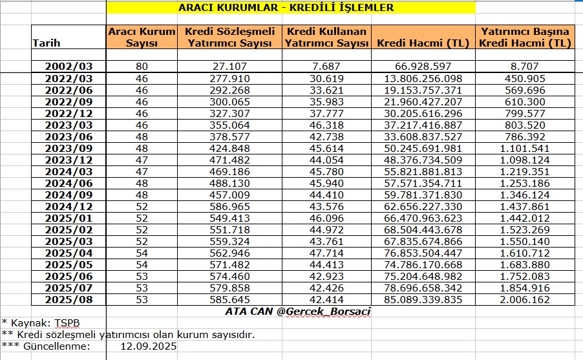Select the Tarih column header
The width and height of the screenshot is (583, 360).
(x=46, y=43)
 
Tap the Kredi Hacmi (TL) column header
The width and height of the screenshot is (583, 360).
(x=423, y=43)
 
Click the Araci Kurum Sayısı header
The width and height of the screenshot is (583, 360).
(x=142, y=37)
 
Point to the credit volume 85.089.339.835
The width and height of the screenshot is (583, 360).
(x=423, y=299)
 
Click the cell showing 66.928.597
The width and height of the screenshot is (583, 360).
(x=423, y=67)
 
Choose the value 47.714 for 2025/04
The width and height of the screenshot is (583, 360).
(x=326, y=253)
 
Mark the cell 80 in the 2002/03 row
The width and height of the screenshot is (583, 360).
(x=142, y=67)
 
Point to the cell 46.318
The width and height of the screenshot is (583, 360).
(x=326, y=125)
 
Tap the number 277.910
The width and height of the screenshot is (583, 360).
(x=229, y=78)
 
